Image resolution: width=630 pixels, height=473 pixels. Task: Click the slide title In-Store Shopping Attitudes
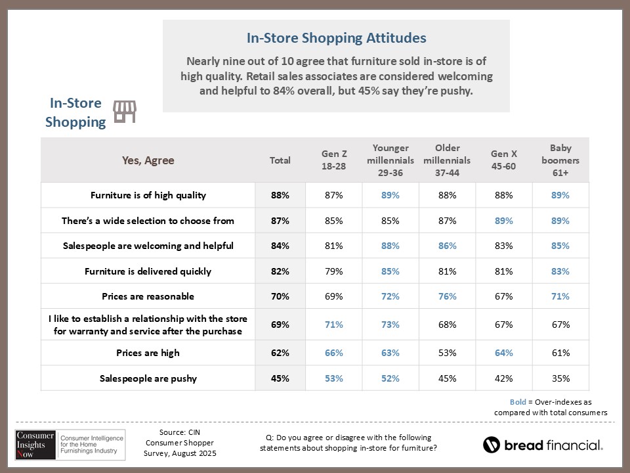(336, 38)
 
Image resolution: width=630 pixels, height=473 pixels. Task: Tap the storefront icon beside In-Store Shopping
(125, 112)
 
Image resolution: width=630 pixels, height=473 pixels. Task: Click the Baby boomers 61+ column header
(560, 160)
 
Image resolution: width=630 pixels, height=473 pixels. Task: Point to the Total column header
(280, 160)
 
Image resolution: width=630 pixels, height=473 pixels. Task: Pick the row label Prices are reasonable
(148, 296)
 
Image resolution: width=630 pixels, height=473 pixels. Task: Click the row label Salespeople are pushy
(148, 378)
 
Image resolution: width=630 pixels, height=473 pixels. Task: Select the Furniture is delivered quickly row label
(148, 271)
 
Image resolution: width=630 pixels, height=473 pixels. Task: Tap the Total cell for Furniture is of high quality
(280, 195)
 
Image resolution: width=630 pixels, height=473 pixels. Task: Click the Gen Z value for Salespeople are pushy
(333, 378)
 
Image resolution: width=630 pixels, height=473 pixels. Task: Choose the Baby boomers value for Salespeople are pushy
(560, 378)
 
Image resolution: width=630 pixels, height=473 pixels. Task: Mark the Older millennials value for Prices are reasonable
(448, 296)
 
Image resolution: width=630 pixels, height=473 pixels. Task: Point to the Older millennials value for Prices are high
(448, 353)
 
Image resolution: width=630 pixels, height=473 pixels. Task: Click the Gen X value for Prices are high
(503, 353)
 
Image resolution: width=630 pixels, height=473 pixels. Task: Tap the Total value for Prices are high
(280, 353)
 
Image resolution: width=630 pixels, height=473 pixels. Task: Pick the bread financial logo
(543, 445)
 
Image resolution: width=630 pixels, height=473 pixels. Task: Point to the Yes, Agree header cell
(148, 160)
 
